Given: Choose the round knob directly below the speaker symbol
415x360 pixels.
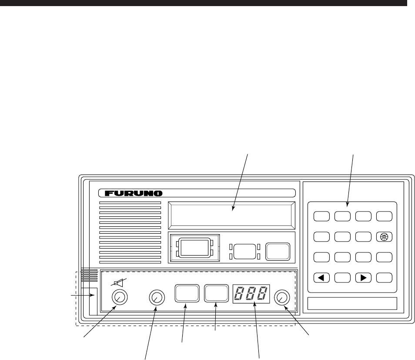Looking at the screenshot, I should coord(119,297).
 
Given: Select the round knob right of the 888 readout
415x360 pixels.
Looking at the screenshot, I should coord(282,297).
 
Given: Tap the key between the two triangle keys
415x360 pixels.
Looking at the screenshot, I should coord(342,277).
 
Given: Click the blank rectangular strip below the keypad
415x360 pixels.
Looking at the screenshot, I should coord(352,303).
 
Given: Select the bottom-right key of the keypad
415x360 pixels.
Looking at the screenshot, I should coord(383,277).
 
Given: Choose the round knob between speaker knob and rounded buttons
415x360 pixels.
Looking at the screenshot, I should coord(157,297).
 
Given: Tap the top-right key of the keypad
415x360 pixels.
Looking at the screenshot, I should coord(383,216).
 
